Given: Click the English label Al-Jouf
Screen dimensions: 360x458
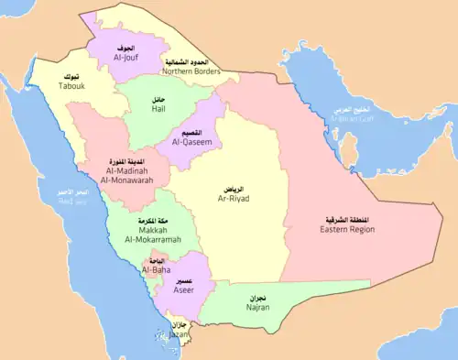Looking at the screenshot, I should point(125,57).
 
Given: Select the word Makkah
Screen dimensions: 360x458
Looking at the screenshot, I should point(146,229).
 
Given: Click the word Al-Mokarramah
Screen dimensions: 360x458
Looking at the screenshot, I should point(146,239).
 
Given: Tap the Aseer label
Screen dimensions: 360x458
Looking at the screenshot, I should point(184,289).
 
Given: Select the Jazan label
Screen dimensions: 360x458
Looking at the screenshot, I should point(180,335).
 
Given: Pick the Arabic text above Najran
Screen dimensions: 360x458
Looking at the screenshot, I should point(257,298).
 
